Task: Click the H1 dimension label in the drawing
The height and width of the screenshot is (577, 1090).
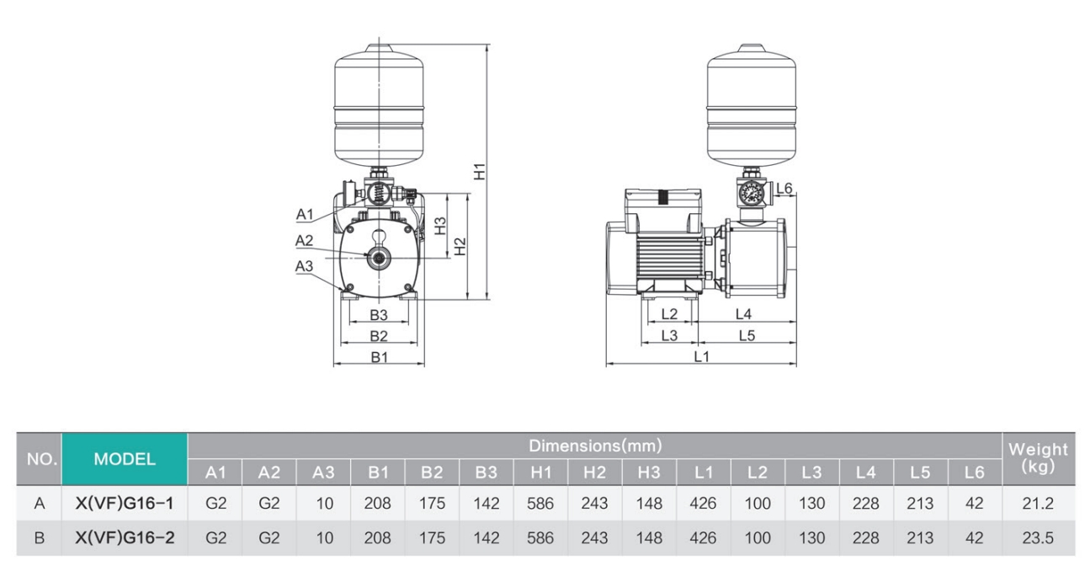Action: tap(479, 170)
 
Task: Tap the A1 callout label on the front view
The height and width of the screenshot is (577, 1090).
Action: tap(305, 214)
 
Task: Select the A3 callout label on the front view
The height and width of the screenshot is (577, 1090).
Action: tap(305, 266)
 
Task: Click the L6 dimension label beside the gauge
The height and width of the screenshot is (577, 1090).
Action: tap(784, 189)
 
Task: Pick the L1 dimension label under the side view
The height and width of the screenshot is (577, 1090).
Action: tap(701, 356)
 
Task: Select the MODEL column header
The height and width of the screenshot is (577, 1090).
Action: tap(124, 459)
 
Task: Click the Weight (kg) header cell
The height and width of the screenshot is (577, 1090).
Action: tap(1037, 458)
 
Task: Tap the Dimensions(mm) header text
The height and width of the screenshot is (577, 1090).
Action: tap(594, 445)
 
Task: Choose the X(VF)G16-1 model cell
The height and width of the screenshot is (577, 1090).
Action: tap(124, 504)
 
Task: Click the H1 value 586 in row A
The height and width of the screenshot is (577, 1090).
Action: tap(540, 504)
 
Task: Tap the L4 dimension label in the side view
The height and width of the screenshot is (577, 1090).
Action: tap(743, 314)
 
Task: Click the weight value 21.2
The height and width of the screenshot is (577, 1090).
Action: tap(1037, 504)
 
